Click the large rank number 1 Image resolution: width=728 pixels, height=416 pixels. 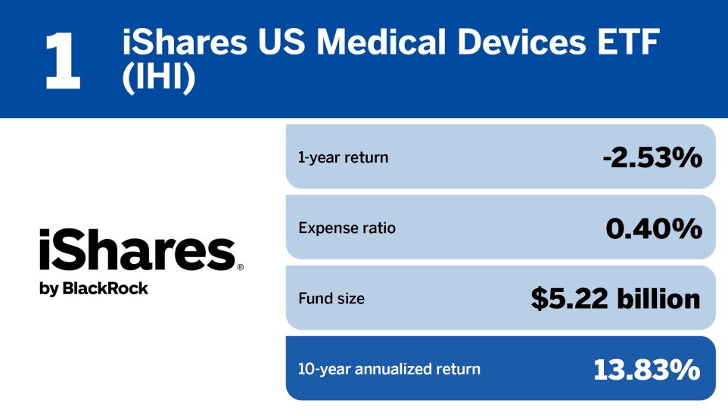(x=62, y=59)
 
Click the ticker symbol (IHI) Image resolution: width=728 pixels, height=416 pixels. (x=159, y=80)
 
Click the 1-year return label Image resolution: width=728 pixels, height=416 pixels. (x=343, y=157)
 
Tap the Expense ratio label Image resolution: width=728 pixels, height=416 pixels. (x=347, y=228)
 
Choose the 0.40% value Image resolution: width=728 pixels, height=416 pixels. (x=653, y=228)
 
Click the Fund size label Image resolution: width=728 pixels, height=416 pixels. (x=331, y=299)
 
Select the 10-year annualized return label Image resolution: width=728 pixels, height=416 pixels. (x=389, y=369)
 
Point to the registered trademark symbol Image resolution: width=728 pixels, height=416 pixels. (x=241, y=267)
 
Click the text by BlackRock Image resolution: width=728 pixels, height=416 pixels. (x=94, y=288)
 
